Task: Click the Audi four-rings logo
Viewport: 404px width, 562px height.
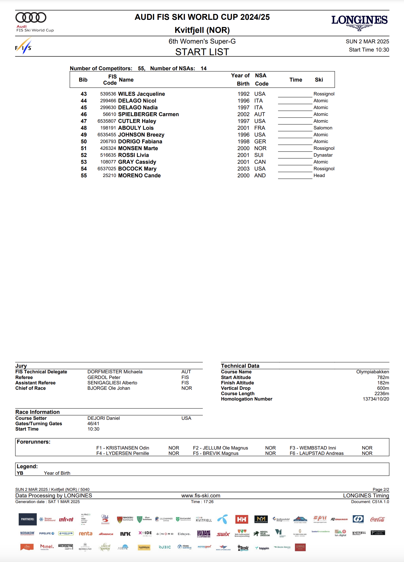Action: pos(31,18)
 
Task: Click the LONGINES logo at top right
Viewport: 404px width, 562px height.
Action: pos(359,22)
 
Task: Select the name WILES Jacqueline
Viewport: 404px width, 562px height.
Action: pos(141,94)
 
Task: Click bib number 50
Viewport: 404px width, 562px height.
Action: pos(84,142)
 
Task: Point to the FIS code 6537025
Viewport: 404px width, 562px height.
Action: pos(107,169)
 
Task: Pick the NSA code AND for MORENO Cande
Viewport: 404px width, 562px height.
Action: pos(260,176)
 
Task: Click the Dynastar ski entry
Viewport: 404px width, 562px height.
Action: pos(323,155)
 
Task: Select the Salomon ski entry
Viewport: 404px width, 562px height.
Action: pos(323,128)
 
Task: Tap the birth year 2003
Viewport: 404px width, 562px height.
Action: pos(243,169)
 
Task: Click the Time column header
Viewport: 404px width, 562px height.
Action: pos(296,80)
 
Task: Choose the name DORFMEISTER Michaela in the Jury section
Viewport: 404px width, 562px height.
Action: pos(115,372)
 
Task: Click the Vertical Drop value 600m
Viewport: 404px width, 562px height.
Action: pos(383,388)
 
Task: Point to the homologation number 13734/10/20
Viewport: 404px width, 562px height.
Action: pos(376,399)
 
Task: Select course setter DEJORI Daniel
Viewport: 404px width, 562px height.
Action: pos(104,418)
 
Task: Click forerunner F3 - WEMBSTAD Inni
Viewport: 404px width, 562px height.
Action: pos(313,448)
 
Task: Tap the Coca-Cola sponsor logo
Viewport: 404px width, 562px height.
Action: pos(377,520)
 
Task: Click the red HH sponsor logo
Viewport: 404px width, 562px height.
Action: pos(242,520)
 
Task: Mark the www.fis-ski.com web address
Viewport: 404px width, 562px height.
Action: pos(201,496)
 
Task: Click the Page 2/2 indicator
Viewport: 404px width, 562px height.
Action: pos(381,490)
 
